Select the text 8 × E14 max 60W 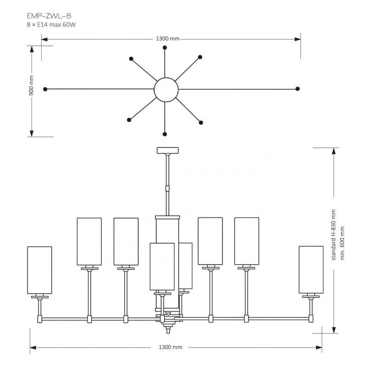pyautogui.click(x=51, y=24)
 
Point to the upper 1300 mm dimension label pyautogui.click(x=168, y=39)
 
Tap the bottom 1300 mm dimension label pyautogui.click(x=170, y=347)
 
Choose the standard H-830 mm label pyautogui.click(x=334, y=235)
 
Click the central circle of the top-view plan pyautogui.click(x=166, y=89)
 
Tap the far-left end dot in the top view pyautogui.click(x=45, y=89)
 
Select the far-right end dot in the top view pyautogui.click(x=297, y=88)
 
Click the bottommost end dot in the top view pyautogui.click(x=165, y=134)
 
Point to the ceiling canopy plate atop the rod pyautogui.click(x=168, y=150)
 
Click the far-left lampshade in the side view pyautogui.click(x=40, y=270)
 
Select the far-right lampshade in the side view pyautogui.click(x=311, y=269)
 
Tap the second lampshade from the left pyautogui.click(x=89, y=241)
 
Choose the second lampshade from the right pyautogui.click(x=246, y=241)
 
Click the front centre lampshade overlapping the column pyautogui.click(x=162, y=267)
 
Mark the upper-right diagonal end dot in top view pyautogui.click(x=200, y=57)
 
